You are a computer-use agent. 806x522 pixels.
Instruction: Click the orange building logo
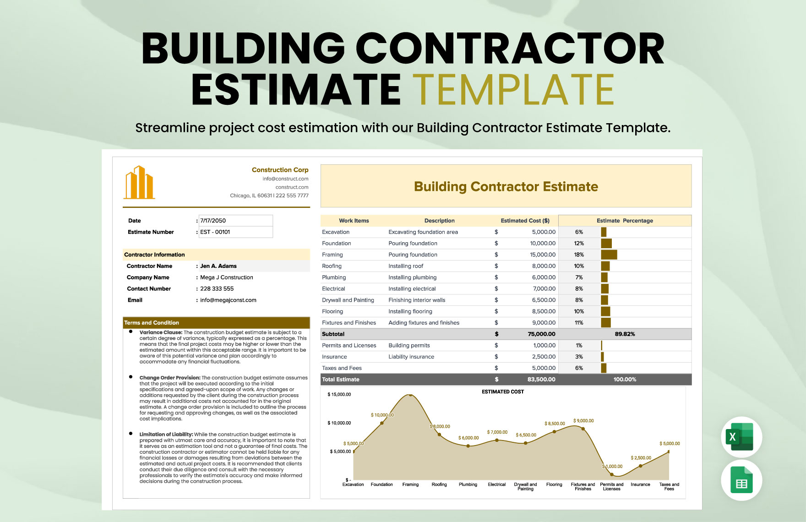point(139,183)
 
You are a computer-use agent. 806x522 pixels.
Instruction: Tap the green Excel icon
point(741,437)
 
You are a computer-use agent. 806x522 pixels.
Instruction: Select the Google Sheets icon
point(741,480)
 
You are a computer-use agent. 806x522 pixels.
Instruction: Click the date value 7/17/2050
point(213,221)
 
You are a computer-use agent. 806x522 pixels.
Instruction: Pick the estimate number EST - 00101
point(215,232)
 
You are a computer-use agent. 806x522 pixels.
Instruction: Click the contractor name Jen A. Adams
point(218,266)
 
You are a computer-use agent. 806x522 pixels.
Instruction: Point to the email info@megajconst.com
point(228,300)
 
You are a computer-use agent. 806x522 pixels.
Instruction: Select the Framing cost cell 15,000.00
point(543,255)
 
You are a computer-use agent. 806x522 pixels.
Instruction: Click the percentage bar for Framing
point(609,255)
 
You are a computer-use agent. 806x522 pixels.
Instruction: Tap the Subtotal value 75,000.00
point(541,334)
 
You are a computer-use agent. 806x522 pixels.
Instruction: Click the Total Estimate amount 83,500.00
point(541,380)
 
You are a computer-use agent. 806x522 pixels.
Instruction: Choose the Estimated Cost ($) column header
point(525,221)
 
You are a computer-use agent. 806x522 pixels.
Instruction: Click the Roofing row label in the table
point(332,266)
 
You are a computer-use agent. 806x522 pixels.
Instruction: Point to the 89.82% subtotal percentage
point(625,334)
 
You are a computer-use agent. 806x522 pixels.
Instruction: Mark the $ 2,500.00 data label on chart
point(641,458)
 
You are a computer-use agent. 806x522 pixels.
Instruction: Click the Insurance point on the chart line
point(640,466)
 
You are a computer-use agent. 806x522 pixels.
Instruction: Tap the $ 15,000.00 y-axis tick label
point(339,394)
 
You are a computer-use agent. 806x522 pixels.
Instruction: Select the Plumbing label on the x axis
point(468,484)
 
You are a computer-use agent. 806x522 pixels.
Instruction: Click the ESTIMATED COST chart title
point(502,392)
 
